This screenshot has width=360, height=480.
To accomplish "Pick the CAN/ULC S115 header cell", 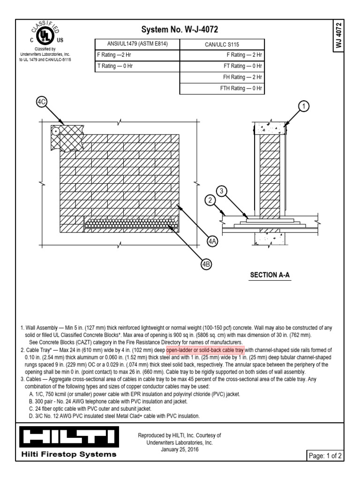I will pos(222,45).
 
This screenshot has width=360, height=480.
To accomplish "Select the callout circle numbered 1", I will pos(304,107).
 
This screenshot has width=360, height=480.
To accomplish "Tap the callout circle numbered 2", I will pos(211,201).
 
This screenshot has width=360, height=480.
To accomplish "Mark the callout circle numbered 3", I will pos(223,191).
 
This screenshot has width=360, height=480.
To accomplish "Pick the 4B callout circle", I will pos(206,264).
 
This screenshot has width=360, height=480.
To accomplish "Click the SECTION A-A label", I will pos(270,275).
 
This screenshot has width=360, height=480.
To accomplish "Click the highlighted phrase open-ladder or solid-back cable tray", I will pos(205,350).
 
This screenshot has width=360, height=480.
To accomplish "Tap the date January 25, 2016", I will pos(180,449).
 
